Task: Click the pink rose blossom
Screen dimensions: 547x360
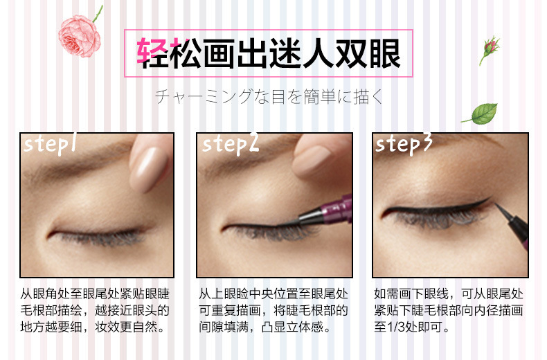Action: coord(79,36)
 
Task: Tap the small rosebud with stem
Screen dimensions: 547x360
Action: coord(489,49)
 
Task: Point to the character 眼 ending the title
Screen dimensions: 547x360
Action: coord(385,53)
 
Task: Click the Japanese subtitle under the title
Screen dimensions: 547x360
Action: coord(269,97)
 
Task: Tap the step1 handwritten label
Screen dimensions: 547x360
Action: coord(51,144)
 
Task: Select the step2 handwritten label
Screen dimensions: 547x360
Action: coord(231,144)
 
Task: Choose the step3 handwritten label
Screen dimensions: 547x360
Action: coord(404,143)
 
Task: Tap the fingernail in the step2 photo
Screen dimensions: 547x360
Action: coord(311,160)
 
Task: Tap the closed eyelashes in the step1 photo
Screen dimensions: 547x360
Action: coord(101,237)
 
